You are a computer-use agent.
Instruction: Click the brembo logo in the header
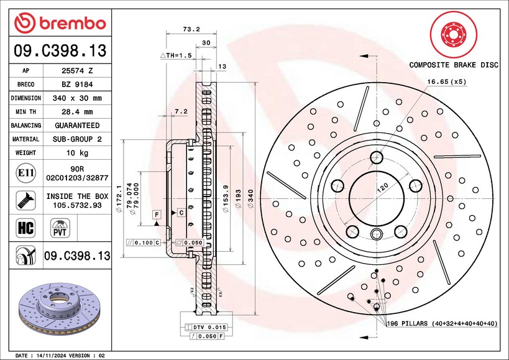pos(60,23)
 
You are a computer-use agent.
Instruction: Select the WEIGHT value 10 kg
pos(78,153)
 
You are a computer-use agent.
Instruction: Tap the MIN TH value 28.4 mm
pos(78,112)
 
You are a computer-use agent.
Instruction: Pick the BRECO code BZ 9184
pos(78,85)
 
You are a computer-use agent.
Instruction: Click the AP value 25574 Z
pos(78,71)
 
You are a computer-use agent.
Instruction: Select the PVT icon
pos(60,228)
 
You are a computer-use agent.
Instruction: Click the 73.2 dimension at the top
pos(191,29)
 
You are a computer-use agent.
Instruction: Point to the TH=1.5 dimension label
pos(176,55)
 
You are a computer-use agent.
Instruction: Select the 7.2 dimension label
pos(181,111)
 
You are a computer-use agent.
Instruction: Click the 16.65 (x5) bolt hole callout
pos(446,81)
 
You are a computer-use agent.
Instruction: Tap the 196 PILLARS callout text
pos(442,324)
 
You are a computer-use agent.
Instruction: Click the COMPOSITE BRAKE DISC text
pos(453,65)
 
